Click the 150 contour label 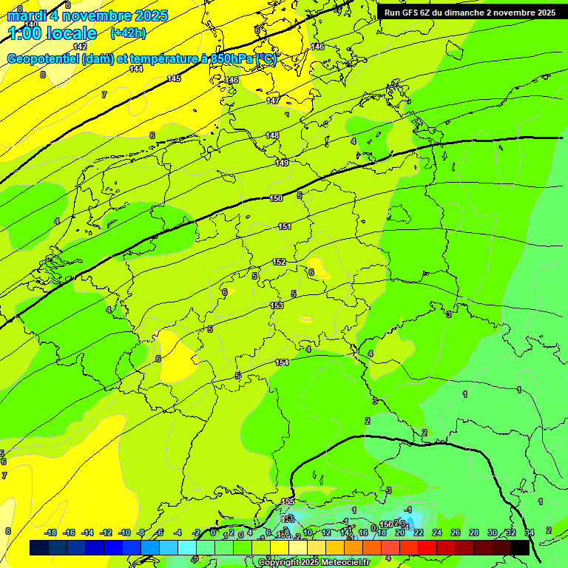[x=276, y=198]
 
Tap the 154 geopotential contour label [x=282, y=362]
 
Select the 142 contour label [x=80, y=47]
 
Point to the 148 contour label [x=273, y=135]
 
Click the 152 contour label [x=280, y=262]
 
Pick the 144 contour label [x=136, y=69]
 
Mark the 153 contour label [x=277, y=305]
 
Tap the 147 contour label [x=274, y=101]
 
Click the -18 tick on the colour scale [x=51, y=532]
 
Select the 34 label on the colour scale [x=530, y=532]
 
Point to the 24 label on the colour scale [x=437, y=532]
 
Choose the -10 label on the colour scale [x=124, y=532]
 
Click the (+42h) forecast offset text [x=128, y=33]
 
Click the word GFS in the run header [x=410, y=13]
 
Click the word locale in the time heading [x=71, y=33]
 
